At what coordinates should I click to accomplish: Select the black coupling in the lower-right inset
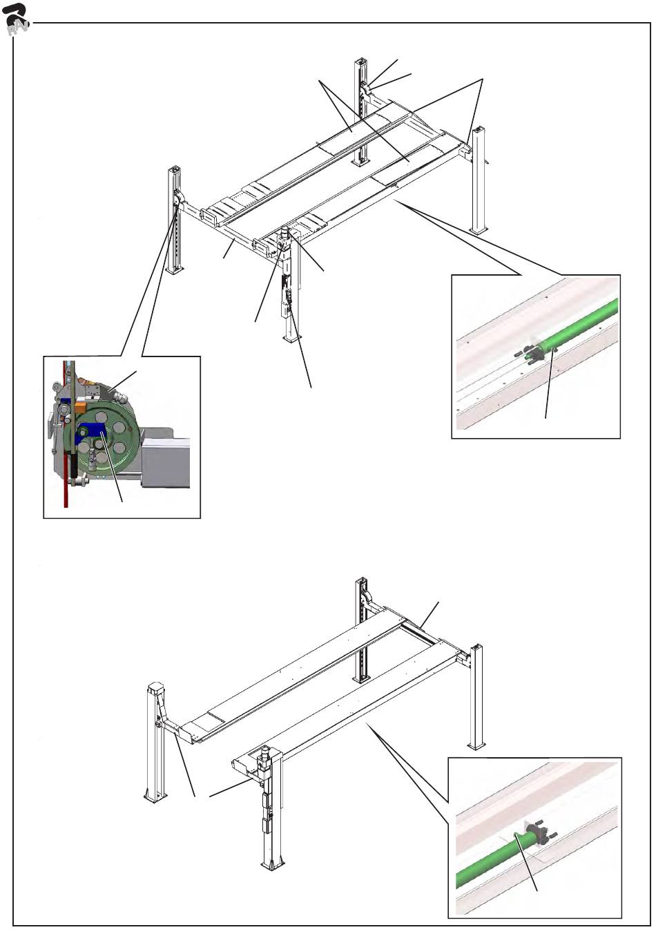[x=536, y=833]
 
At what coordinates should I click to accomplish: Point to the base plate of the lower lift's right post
[x=476, y=744]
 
